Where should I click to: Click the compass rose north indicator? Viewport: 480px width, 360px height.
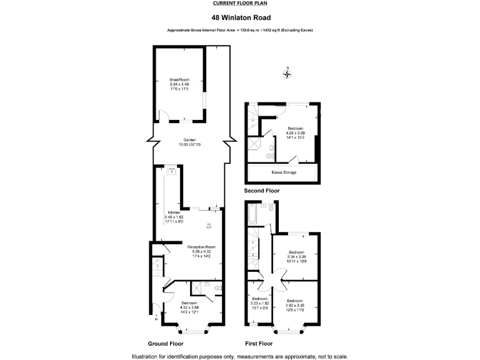click(287, 74)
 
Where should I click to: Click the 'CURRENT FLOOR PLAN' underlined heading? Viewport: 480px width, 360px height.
click(239, 3)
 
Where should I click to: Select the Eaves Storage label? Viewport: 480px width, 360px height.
click(285, 172)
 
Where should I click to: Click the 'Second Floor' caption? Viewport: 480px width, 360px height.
click(262, 191)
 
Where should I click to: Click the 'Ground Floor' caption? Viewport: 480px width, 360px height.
click(166, 344)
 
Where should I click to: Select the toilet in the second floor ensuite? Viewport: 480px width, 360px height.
click(269, 154)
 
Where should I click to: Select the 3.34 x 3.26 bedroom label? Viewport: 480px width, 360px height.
click(297, 257)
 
